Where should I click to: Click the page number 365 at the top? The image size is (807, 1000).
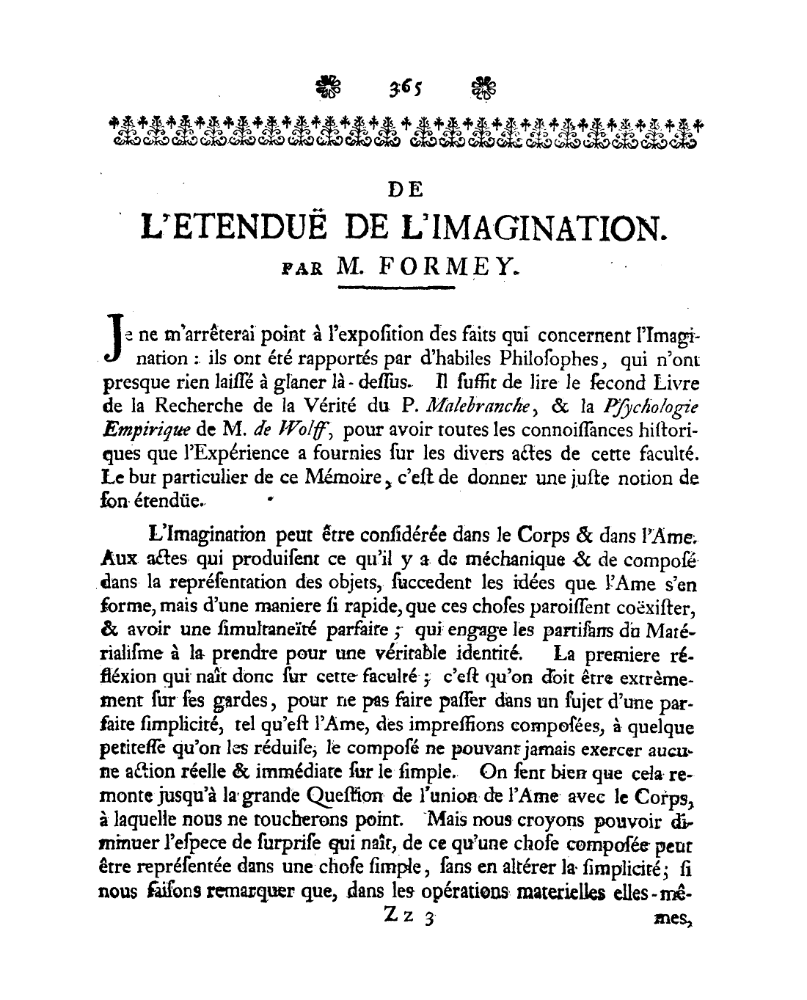(x=403, y=89)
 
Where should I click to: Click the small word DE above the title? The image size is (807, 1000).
(x=404, y=189)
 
